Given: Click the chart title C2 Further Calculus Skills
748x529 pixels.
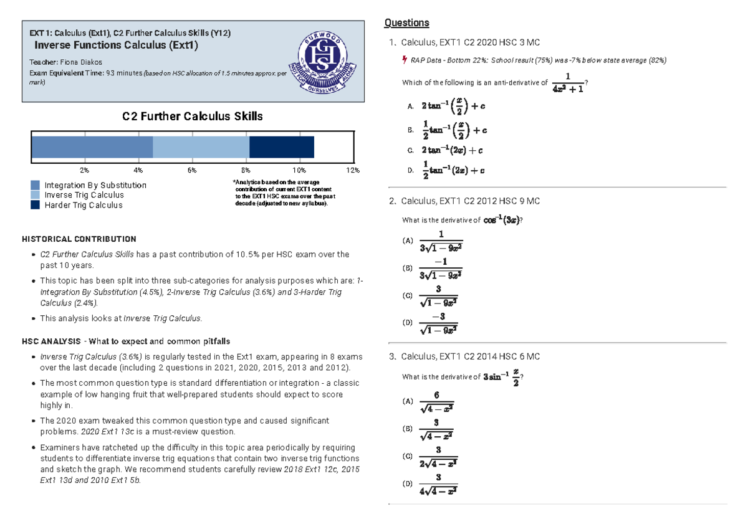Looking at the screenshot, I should pos(192,117).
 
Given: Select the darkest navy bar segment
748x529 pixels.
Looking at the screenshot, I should pos(281,148).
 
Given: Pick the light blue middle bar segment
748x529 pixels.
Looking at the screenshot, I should pos(201,148).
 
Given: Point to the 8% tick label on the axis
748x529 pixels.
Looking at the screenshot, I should pos(246,170).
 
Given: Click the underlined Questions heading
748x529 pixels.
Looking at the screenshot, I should pos(406,23).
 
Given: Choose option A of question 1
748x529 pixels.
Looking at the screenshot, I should pos(447,107).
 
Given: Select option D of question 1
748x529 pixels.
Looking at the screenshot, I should pos(447,170).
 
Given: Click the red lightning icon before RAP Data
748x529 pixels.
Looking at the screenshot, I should pos(405,60).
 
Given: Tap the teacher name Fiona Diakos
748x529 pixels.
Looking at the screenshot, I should pos(80,62).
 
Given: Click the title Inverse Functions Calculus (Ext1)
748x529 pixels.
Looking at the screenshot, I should pos(116,45).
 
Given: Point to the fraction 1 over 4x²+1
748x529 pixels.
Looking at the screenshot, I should pos(567,83).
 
